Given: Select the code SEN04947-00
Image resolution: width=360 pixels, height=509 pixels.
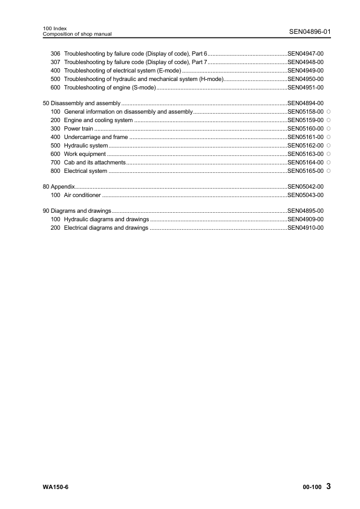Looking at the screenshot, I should click(x=306, y=54).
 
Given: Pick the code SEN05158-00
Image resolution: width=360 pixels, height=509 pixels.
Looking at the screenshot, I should click(x=306, y=112).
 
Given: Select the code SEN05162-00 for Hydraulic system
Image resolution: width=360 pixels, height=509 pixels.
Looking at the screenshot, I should click(x=306, y=146).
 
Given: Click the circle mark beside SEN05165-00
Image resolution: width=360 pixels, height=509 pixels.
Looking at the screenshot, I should click(x=328, y=171).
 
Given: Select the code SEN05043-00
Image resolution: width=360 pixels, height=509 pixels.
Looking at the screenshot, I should click(x=306, y=196).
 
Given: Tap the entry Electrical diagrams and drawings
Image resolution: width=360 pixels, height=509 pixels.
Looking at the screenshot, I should click(x=106, y=229).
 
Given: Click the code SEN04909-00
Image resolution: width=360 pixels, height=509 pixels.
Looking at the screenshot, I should click(x=306, y=220).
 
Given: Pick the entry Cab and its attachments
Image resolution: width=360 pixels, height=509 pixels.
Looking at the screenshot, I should click(x=94, y=163).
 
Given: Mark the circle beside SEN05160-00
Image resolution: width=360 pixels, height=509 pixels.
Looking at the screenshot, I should click(x=328, y=129).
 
